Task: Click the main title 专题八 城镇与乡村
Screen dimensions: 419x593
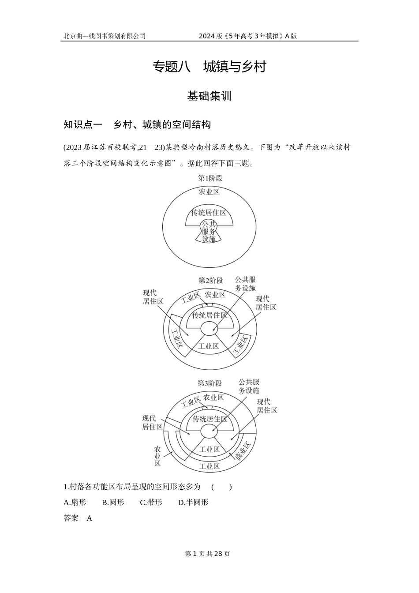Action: click(209, 67)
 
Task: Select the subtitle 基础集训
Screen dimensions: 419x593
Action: click(209, 96)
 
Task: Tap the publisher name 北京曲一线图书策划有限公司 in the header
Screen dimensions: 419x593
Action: click(105, 36)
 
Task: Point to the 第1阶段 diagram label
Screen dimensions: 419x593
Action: click(210, 178)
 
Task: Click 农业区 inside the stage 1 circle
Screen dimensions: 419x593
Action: click(209, 191)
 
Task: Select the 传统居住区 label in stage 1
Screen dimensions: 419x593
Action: click(209, 213)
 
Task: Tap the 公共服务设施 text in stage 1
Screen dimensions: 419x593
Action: click(209, 231)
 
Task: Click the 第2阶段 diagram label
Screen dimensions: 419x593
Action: click(210, 280)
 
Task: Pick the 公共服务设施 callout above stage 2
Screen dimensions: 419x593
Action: click(245, 284)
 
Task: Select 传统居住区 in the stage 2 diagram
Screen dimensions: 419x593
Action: click(209, 315)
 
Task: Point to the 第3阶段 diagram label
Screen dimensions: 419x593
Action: click(209, 383)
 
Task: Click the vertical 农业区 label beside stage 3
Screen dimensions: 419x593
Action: click(157, 456)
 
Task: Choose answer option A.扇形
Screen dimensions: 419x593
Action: click(75, 502)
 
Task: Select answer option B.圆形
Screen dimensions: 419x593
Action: click(113, 502)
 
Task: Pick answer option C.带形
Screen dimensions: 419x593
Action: click(151, 502)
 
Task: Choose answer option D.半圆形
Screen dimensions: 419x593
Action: click(193, 502)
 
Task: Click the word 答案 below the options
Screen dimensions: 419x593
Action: click(71, 518)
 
